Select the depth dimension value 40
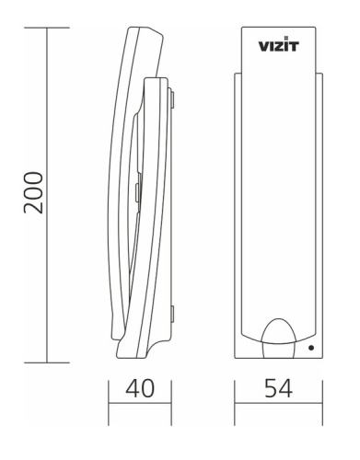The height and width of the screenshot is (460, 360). click(x=140, y=390)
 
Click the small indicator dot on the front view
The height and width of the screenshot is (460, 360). click(x=311, y=348)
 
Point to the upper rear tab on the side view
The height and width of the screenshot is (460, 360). click(x=170, y=93)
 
